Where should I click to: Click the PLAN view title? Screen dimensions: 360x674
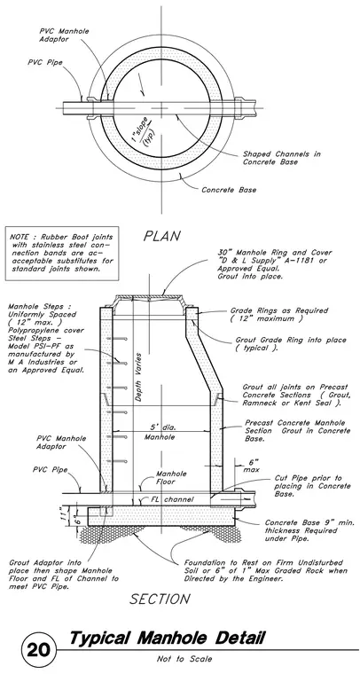162,236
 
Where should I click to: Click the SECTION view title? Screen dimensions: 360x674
160,599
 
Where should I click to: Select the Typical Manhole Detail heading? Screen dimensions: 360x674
167,639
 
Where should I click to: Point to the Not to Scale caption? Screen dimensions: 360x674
184,659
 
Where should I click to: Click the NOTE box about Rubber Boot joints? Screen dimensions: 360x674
62,253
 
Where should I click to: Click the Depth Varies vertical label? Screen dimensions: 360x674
138,378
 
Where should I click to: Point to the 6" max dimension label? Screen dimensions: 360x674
250,466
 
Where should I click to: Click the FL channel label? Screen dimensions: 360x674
172,499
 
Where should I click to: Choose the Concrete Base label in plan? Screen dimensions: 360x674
229,190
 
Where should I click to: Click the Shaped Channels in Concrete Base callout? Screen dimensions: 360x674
281,158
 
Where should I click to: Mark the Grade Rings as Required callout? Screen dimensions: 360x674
278,314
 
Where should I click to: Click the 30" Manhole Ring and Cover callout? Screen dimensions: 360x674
262,264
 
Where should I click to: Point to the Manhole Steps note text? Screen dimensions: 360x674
46,338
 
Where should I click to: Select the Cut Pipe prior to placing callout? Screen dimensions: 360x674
312,486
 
